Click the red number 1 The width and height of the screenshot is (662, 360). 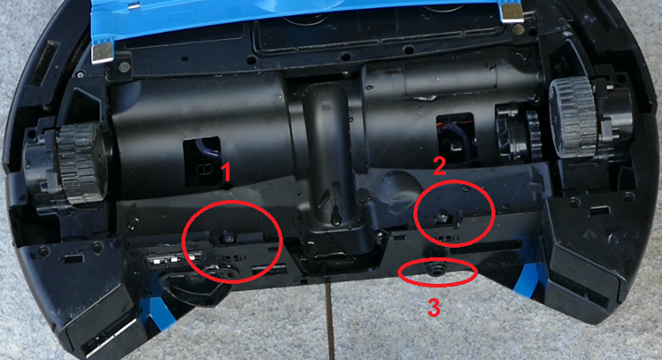click(227, 172)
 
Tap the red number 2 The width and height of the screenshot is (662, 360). click(440, 166)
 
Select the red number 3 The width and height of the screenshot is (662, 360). click(434, 307)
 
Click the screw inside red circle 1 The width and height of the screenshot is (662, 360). click(227, 237)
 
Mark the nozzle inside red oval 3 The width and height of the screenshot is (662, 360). click(434, 269)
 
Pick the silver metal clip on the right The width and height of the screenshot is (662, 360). click(512, 12)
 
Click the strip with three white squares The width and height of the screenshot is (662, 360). click(174, 258)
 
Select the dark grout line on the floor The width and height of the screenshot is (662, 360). click(330, 321)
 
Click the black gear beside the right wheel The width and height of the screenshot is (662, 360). click(534, 131)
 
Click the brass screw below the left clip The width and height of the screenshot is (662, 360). click(124, 66)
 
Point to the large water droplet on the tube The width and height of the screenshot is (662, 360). click(336, 217)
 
